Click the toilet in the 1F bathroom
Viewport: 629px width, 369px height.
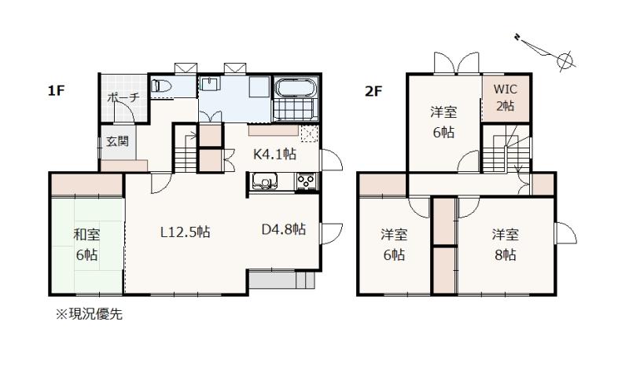tap(162, 86)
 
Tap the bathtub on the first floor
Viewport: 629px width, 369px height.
tap(296, 88)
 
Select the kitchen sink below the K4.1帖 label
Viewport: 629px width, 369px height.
tap(265, 181)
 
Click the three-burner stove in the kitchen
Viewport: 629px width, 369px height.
tap(307, 181)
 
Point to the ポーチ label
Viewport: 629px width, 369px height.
tap(123, 97)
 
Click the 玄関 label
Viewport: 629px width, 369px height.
tap(117, 141)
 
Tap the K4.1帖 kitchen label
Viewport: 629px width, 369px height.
tap(274, 154)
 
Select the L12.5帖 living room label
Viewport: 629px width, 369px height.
tap(186, 232)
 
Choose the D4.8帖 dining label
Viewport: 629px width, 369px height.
tap(284, 229)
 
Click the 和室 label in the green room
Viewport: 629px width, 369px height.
tap(86, 235)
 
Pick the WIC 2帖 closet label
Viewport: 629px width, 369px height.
tap(506, 97)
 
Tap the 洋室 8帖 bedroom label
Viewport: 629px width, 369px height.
tap(506, 244)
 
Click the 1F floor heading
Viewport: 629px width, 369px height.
tap(56, 91)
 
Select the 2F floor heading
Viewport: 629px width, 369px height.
tap(373, 91)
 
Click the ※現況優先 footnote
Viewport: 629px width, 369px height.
tap(89, 314)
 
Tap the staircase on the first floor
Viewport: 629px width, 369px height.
tap(186, 151)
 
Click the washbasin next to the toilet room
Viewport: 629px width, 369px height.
tap(210, 85)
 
